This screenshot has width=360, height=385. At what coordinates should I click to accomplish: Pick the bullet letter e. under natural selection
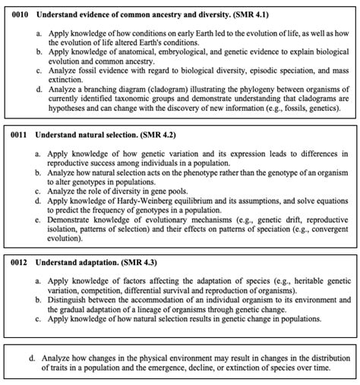click(x=37, y=219)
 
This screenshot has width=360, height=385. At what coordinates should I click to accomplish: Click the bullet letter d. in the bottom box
click(x=31, y=355)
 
